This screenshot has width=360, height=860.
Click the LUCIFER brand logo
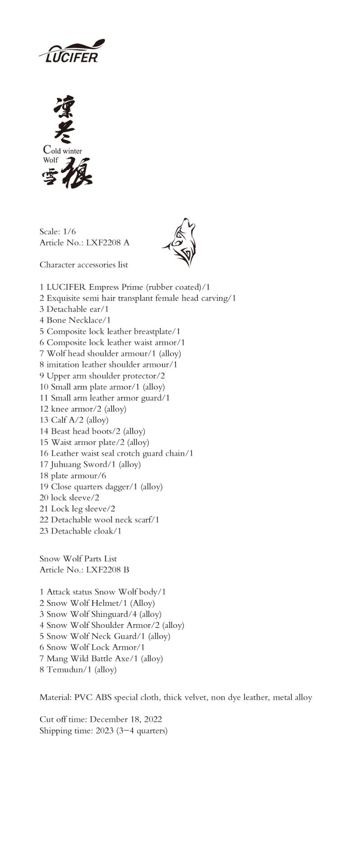point(72,51)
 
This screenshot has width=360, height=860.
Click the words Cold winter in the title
point(63,150)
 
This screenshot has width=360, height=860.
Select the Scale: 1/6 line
point(58,232)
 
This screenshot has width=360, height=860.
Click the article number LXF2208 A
point(108,243)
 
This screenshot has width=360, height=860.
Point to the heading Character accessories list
point(84,265)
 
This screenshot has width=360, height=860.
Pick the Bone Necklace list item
point(75,320)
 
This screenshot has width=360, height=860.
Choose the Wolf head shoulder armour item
point(110,354)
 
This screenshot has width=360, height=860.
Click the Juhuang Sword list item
point(90,465)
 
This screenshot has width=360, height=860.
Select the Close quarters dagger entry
point(101,487)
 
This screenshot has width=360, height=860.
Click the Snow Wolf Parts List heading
point(78,559)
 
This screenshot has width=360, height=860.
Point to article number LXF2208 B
point(108,570)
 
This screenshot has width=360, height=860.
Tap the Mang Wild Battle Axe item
point(101,658)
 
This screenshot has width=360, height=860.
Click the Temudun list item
point(78,670)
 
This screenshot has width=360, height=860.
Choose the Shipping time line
point(103,731)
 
